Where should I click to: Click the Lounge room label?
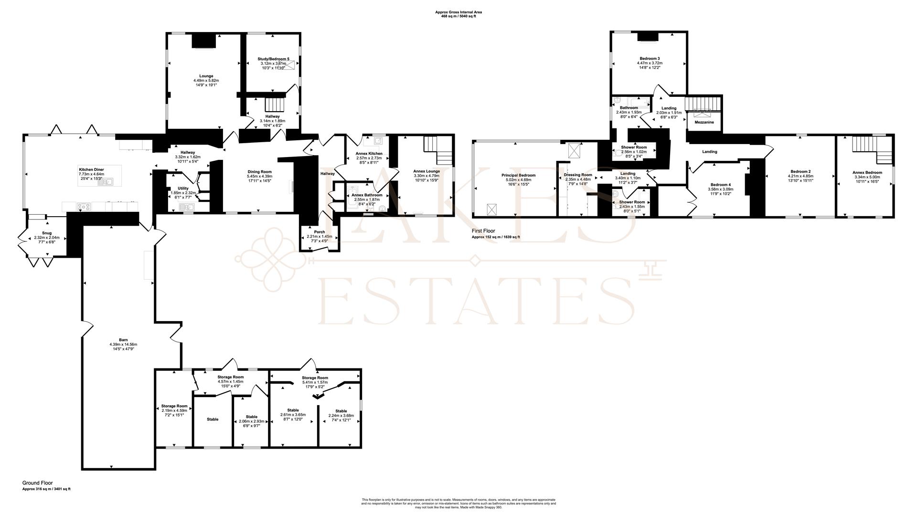[x=206, y=76]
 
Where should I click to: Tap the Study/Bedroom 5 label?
[x=273, y=59]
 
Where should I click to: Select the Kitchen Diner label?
[x=91, y=169]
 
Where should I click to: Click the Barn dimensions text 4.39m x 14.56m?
[x=123, y=345]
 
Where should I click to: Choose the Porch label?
[x=319, y=232]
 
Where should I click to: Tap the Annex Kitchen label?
[x=369, y=154]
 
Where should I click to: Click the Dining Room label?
[x=259, y=172]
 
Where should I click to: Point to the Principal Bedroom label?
[x=518, y=175]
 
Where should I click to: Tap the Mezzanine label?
[x=704, y=122]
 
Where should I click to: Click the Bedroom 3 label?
[x=650, y=58]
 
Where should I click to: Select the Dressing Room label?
[x=578, y=175]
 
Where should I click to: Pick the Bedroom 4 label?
[x=720, y=185]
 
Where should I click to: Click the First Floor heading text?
[x=483, y=231]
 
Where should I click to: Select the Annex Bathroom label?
[x=367, y=195]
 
